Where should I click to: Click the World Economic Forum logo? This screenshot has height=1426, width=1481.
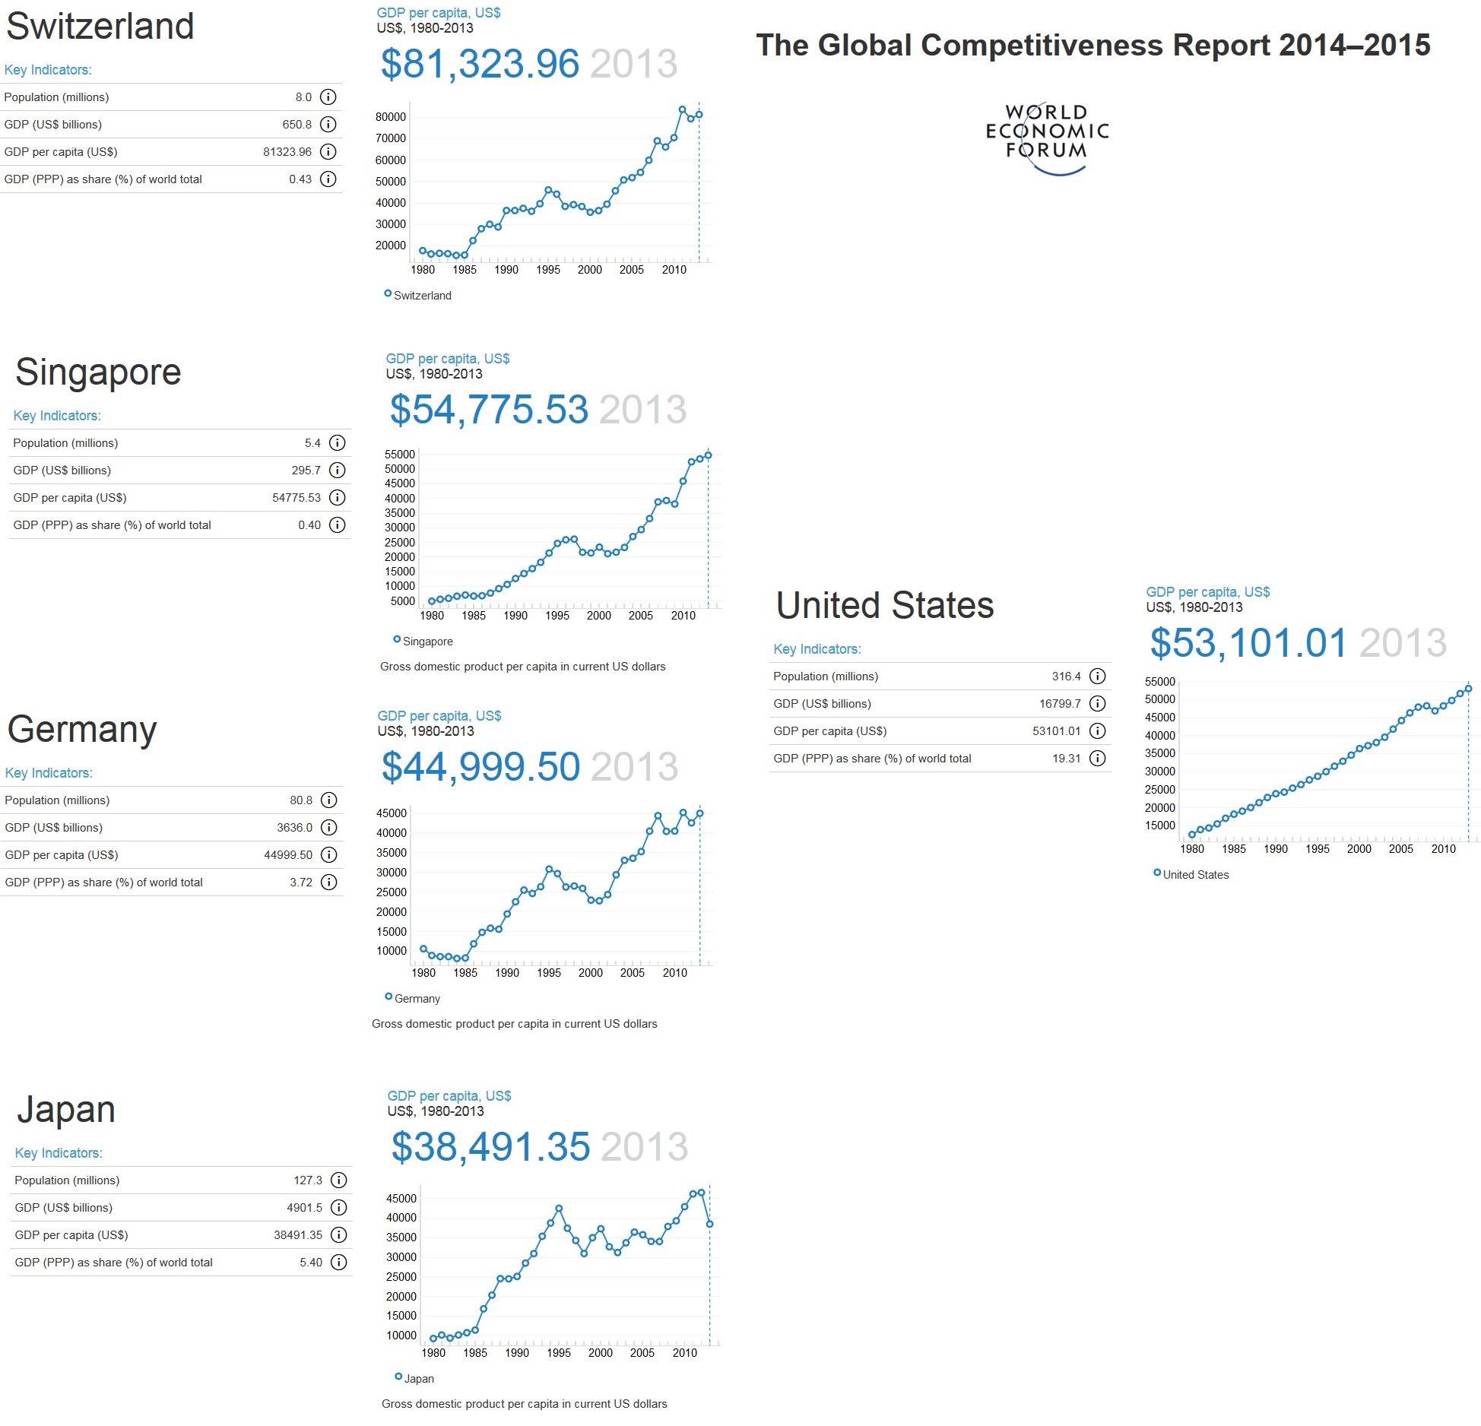click(x=1046, y=137)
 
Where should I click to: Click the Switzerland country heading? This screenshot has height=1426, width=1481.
click(x=100, y=27)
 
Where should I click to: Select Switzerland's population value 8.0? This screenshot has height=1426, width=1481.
click(x=303, y=97)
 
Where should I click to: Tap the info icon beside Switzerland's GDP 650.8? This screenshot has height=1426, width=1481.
click(x=328, y=125)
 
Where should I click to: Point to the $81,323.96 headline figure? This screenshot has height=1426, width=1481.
click(x=480, y=64)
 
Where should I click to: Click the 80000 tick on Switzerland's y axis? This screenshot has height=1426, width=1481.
click(x=391, y=117)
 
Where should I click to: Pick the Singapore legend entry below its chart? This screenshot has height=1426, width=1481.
click(x=423, y=642)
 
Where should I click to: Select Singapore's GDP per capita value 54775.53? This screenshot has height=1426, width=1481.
click(x=297, y=498)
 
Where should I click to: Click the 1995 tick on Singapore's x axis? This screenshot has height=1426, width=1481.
click(x=557, y=616)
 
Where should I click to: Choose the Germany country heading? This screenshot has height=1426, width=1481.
click(x=82, y=730)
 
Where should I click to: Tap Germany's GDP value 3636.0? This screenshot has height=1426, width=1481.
click(x=294, y=828)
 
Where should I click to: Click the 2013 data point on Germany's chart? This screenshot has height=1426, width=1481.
click(x=699, y=813)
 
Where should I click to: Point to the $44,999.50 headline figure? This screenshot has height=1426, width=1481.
click(x=480, y=767)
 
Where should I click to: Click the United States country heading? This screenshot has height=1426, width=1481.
click(x=885, y=606)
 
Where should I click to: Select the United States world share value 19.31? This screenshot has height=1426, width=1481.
click(x=1066, y=759)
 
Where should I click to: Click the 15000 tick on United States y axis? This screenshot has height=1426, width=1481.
click(x=1159, y=825)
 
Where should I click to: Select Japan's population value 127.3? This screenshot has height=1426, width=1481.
click(x=308, y=1180)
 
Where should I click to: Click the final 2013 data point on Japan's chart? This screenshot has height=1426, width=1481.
click(x=709, y=1225)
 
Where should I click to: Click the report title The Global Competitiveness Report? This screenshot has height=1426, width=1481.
click(x=1093, y=46)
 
